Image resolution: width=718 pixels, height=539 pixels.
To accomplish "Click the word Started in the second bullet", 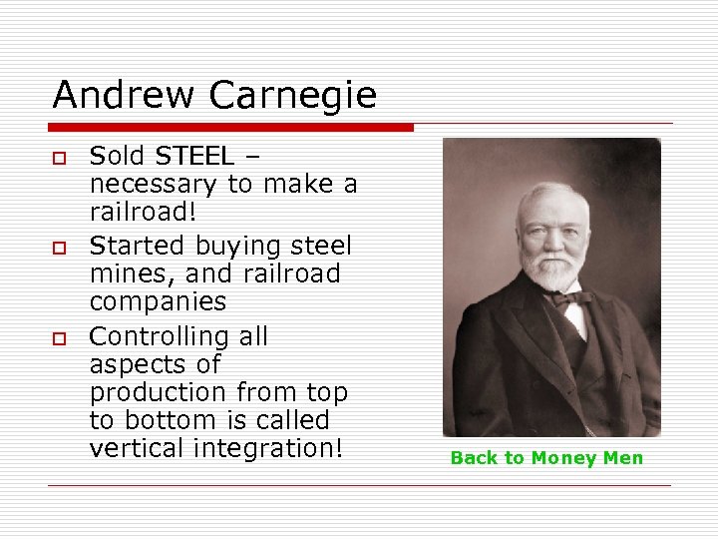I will tap(138, 246).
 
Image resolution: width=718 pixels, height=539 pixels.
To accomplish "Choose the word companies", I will tap(159, 302).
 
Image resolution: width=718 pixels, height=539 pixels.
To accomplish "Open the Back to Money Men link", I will tap(546, 458).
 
